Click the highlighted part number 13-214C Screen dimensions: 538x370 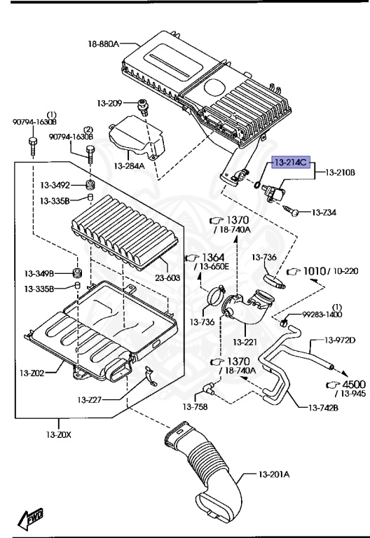click(x=290, y=162)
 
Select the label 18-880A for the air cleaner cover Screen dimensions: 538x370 click(x=104, y=44)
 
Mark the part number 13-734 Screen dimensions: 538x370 click(x=324, y=212)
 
